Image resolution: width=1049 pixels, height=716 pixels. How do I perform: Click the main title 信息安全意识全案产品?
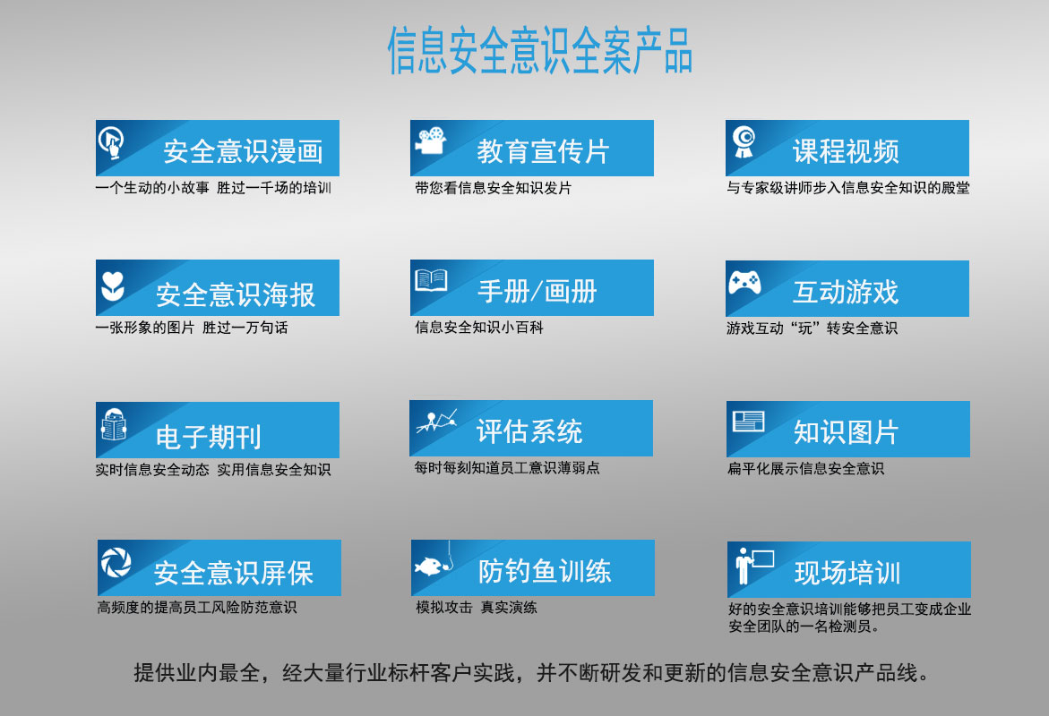540,51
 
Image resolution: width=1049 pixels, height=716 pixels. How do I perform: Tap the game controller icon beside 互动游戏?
744,283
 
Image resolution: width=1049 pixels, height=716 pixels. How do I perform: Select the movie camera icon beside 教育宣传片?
431,141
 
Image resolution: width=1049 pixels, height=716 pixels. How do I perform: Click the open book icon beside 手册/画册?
431,280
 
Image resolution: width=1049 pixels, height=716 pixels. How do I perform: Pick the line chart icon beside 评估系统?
436,422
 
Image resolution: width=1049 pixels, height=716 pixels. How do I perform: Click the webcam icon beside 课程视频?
744,141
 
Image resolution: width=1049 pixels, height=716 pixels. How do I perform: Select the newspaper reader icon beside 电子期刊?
114,424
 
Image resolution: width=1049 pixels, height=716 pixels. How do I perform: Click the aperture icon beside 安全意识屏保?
116,562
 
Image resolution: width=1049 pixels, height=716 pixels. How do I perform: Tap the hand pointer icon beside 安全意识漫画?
112,142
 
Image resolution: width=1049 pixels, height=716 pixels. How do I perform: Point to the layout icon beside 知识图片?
749,422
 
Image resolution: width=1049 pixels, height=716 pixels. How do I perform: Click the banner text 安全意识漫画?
244,152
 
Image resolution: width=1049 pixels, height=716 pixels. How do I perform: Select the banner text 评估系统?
529,431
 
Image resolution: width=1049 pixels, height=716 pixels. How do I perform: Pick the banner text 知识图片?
846,432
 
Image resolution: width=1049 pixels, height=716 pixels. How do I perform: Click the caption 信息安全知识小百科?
479,328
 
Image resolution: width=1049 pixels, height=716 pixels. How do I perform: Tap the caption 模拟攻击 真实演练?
477,607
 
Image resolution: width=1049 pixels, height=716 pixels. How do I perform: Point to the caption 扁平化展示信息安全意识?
805,469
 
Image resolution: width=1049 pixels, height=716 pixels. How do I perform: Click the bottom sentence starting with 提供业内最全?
531,672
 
